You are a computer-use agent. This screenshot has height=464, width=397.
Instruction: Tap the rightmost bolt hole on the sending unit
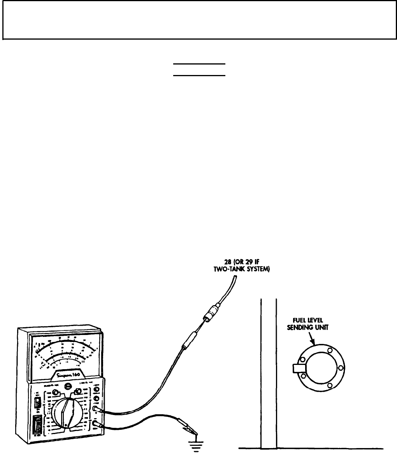tap(340, 368)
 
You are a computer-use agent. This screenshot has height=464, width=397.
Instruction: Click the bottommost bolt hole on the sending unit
tap(330, 385)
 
